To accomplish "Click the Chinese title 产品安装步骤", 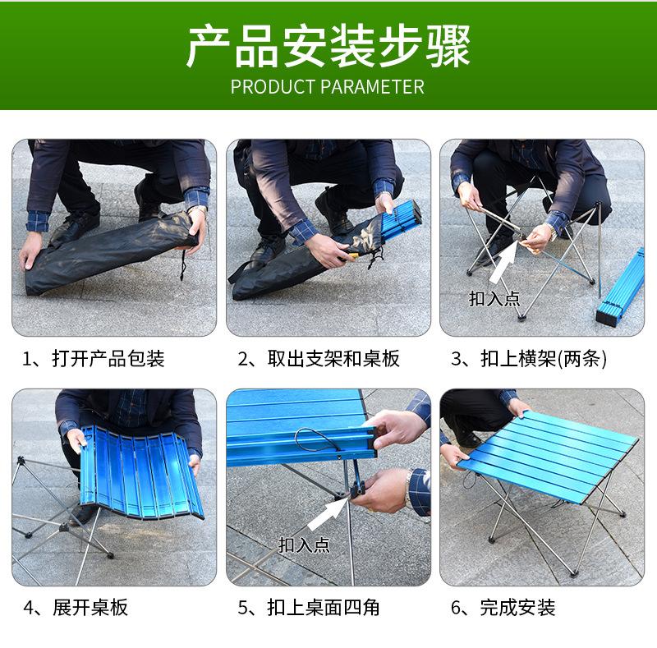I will [x=328, y=46].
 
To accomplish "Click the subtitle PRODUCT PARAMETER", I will [x=328, y=87].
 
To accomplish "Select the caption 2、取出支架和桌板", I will [x=319, y=359].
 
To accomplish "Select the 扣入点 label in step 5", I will [x=304, y=545].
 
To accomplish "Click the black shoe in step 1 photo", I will [x=74, y=227].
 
